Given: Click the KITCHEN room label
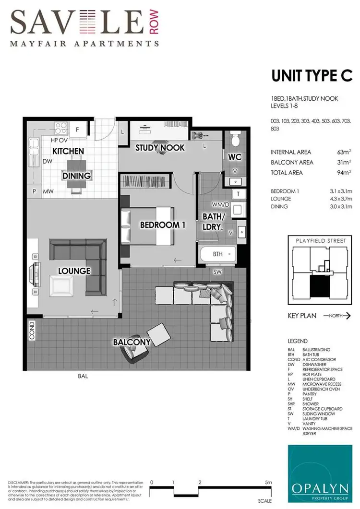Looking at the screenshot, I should click(x=68, y=151).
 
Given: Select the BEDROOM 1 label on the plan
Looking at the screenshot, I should click(x=163, y=225).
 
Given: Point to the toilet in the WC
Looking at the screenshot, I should click(x=235, y=140).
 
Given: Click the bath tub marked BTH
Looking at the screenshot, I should click(x=218, y=254).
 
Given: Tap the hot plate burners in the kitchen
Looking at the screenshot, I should click(x=61, y=129).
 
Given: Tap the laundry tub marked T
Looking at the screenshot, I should click(x=238, y=193).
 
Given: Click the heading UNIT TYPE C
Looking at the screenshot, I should click(x=312, y=77).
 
